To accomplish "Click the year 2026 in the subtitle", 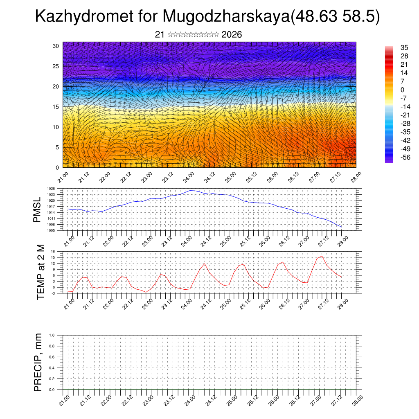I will point(232,35).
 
